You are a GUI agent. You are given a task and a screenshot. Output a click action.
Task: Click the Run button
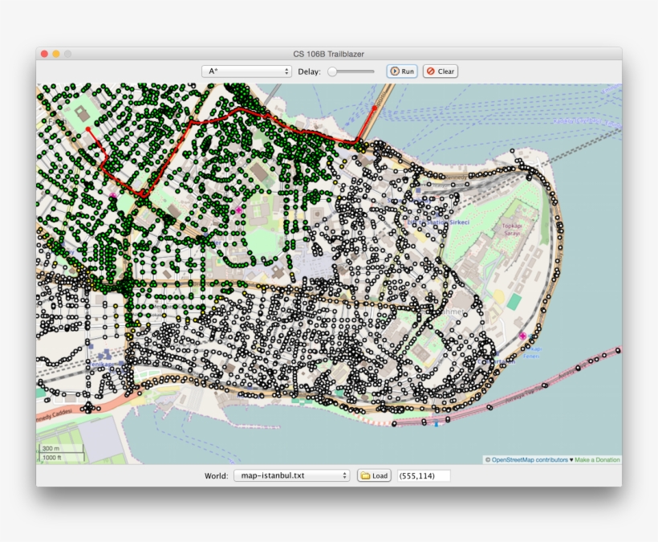(x=402, y=71)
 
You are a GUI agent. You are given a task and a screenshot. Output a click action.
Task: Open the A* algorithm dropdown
(x=246, y=71)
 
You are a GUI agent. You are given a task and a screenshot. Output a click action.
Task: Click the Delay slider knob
(x=333, y=71)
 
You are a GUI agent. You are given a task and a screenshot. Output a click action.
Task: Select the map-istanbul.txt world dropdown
(x=291, y=475)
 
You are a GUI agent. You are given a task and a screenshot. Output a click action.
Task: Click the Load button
(x=374, y=475)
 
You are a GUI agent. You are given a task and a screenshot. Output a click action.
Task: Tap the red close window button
(x=45, y=54)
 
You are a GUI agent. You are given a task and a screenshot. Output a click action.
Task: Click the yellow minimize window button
(x=56, y=54)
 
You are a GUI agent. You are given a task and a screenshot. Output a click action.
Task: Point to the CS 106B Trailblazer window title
(x=328, y=54)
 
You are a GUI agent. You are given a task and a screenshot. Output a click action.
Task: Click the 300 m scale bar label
(x=51, y=448)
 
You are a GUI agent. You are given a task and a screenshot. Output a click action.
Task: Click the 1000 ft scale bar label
(x=52, y=457)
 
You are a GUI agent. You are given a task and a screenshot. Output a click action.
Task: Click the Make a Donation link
(x=597, y=460)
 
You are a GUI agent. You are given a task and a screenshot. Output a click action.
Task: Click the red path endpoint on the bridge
(x=375, y=107)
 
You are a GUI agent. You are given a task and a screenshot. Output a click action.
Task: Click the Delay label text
(x=309, y=71)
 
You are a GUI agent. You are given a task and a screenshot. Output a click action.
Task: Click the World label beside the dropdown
(x=216, y=475)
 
